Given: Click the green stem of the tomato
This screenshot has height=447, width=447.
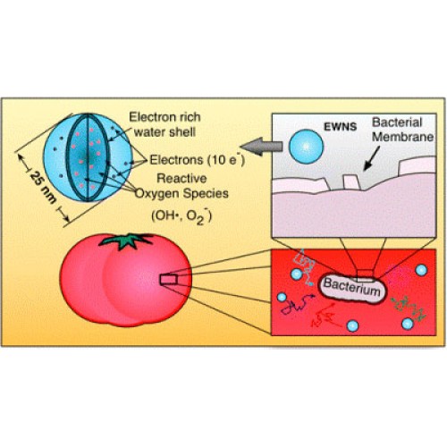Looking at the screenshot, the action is tap(125, 240).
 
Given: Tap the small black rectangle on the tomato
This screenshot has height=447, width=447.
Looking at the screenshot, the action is tap(169, 280).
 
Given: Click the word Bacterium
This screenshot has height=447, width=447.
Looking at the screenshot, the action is tap(352, 287).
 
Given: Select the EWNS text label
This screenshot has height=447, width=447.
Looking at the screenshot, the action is tap(340, 127).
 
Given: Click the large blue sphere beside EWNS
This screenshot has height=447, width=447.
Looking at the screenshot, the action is tap(306, 147).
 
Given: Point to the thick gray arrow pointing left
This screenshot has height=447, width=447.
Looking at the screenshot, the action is tap(261, 147).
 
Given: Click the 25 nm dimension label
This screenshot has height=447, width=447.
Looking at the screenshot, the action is tap(43, 188).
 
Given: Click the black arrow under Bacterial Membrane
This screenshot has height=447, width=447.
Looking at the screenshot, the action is tap(372, 158).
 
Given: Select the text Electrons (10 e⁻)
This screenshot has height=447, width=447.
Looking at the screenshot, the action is tap(197, 160).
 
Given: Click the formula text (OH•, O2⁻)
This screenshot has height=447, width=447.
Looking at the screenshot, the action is tap(181, 216).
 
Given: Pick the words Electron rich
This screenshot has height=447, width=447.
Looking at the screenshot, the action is tap(164, 117).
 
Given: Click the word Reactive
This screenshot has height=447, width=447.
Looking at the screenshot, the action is tap(181, 178).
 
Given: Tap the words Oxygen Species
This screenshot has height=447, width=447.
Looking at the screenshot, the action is tap(181, 194).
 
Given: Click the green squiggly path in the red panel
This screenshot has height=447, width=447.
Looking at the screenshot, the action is tap(409, 308).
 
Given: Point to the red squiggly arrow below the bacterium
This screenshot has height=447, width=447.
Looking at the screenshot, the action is tap(324, 316).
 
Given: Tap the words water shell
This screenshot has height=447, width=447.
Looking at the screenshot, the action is tap(164, 132).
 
